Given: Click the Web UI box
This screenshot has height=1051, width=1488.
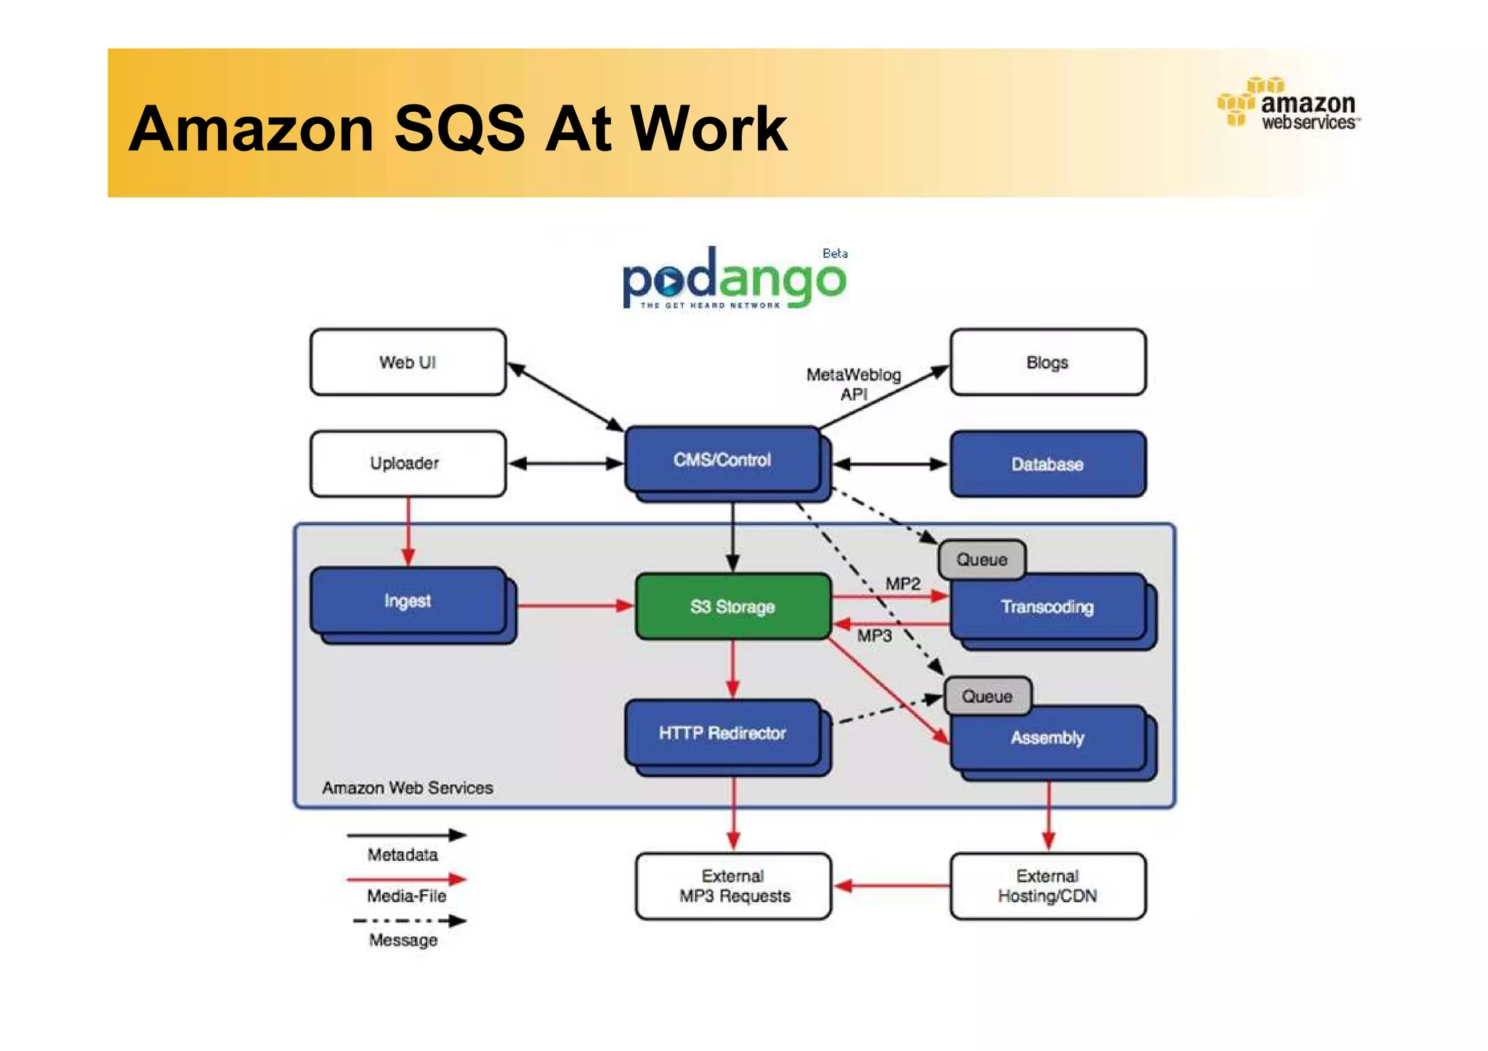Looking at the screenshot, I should tap(408, 362).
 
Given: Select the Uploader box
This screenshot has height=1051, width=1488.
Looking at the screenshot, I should tap(408, 463).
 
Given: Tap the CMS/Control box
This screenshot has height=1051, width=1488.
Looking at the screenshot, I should tap(722, 460).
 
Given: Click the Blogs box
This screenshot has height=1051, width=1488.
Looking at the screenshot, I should tap(1047, 362).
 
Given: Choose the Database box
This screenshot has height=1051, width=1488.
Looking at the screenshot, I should tap(1047, 464).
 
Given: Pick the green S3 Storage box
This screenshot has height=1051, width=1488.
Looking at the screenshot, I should tap(732, 606).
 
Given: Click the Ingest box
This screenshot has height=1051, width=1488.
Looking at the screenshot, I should tap(408, 601).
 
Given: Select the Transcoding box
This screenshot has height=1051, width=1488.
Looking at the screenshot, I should tap(1047, 607).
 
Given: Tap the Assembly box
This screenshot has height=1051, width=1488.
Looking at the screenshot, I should tap(1047, 738).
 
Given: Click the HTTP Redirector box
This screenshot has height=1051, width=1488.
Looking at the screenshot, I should tap(722, 733).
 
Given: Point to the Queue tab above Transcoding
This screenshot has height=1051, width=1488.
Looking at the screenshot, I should tap(982, 559).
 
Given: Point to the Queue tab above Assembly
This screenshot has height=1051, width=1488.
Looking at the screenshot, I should tap(987, 696).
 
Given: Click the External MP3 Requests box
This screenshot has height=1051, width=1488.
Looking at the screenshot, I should tap(733, 886).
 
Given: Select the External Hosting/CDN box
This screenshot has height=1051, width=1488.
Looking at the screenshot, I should tap(1047, 886).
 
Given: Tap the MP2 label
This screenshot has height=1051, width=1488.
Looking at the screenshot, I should tap(902, 584).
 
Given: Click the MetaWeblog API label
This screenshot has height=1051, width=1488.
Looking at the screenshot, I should tap(854, 384).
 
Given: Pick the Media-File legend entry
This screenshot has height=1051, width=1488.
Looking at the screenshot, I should tap(406, 895).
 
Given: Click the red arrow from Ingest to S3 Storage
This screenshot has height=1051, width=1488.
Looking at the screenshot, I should tap(574, 605).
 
